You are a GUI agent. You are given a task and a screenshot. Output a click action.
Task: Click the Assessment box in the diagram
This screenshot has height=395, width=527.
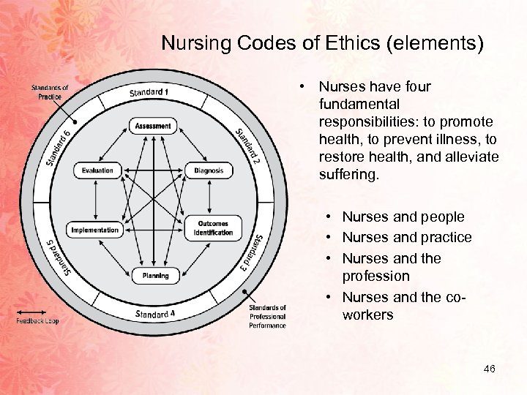point(153,126)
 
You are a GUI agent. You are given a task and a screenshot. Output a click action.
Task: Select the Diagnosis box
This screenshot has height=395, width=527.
point(209,170)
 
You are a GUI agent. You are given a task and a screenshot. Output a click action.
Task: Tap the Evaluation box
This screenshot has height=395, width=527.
point(97,170)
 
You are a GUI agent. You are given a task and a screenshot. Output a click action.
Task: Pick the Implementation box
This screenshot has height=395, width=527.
point(94,230)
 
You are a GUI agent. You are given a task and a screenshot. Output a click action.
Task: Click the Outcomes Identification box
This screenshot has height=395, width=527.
point(212,227)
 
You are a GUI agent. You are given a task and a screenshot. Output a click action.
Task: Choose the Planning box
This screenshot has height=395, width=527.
point(154,276)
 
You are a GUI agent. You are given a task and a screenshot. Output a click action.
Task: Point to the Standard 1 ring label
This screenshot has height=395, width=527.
point(149,92)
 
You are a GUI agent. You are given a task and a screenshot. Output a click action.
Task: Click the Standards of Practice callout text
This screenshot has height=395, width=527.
point(50,92)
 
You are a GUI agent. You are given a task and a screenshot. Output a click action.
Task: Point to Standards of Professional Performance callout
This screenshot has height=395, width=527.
point(267,316)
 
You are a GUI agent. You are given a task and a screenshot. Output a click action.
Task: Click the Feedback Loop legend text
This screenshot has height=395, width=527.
point(37,320)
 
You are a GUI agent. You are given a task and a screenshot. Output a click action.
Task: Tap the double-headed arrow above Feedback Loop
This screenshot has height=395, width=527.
point(33,312)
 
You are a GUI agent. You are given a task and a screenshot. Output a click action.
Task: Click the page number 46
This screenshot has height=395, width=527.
point(489,369)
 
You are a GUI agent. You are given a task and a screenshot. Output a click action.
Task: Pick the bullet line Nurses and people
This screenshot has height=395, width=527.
point(403,217)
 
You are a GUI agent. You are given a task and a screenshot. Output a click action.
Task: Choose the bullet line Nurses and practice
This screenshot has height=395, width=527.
point(407,237)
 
